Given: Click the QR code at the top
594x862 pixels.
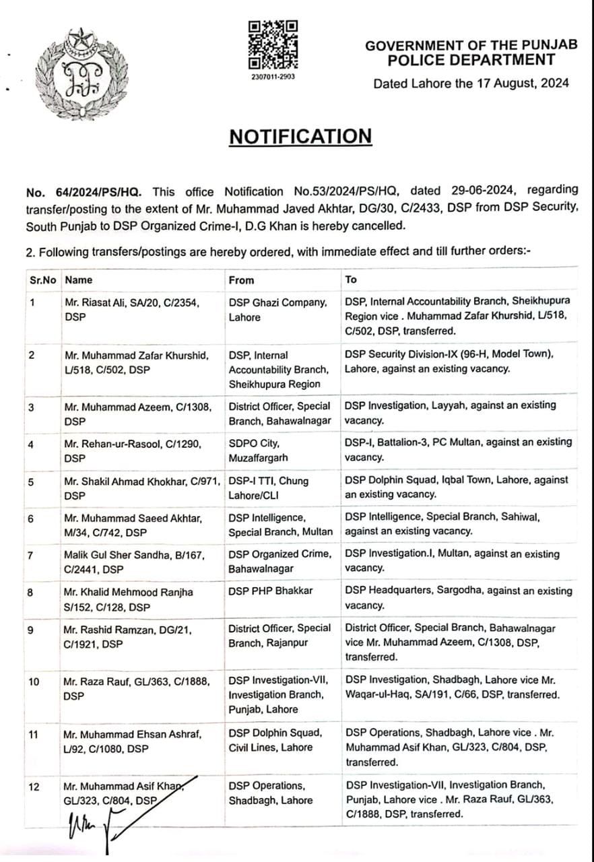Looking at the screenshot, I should tap(273, 44).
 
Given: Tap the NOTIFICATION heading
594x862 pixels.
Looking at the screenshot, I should tap(300, 136).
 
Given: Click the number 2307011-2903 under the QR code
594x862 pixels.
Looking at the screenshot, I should tap(273, 77).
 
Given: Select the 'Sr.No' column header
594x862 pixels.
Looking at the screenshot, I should tap(42, 279).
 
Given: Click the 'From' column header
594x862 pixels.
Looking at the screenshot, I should tap(241, 279).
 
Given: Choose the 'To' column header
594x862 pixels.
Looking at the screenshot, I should tap(351, 279).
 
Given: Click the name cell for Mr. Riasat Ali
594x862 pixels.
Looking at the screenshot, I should tap(132, 310).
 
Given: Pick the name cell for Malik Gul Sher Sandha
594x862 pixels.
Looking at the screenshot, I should tap(133, 561).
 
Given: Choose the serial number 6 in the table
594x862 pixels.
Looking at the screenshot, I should tap(32, 518).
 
